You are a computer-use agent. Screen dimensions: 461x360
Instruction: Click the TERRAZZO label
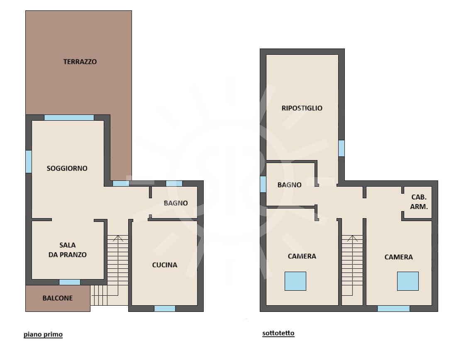point(80,62)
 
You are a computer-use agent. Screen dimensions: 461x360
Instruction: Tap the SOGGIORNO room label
point(67,168)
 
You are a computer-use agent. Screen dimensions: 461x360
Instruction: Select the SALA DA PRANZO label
point(68,250)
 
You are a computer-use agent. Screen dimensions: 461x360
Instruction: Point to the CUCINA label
point(165,265)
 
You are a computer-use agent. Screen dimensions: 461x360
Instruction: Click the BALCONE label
point(58,298)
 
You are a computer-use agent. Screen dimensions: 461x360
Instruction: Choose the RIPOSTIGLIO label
point(302,108)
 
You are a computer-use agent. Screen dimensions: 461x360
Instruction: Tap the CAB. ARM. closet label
point(419,202)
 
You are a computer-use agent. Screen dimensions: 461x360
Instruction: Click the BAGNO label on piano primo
point(176,203)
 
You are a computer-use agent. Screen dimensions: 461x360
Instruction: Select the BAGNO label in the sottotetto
point(290,185)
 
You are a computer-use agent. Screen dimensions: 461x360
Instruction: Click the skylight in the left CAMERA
point(295,281)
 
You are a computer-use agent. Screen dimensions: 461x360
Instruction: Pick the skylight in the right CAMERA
point(408,281)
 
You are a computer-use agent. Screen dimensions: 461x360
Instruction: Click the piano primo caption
point(43,334)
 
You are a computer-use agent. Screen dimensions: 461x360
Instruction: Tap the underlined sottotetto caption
point(278,333)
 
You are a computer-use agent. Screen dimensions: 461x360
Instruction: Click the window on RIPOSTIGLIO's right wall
point(341,148)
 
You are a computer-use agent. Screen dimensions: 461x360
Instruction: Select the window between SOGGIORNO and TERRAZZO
point(69,117)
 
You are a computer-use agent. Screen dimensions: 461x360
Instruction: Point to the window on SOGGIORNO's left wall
point(29,162)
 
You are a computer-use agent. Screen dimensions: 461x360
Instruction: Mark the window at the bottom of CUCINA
point(165,309)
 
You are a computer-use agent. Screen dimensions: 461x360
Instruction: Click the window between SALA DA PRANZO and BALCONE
point(70,282)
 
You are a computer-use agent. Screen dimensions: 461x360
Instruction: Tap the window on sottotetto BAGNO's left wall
point(263,185)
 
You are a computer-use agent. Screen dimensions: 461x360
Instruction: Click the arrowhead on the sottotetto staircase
point(352,238)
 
